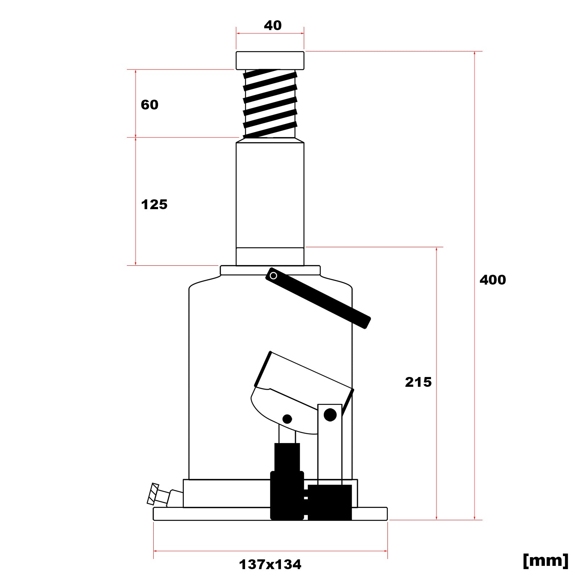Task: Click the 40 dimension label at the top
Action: click(273, 25)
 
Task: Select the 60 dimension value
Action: click(149, 105)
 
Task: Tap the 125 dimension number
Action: click(154, 205)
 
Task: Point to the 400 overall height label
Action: click(492, 280)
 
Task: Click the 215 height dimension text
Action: click(418, 382)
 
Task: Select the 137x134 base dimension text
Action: click(270, 564)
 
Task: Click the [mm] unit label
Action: click(545, 560)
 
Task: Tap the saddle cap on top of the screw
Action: click(270, 61)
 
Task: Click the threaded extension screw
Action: click(270, 103)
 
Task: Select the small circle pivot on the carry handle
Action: click(274, 276)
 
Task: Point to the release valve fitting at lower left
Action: click(159, 495)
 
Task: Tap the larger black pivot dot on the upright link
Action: click(330, 415)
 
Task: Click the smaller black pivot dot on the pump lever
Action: click(287, 419)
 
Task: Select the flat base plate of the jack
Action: click(217, 514)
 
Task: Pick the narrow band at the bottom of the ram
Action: click(270, 257)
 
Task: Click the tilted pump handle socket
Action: click(301, 381)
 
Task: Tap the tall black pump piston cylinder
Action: click(287, 482)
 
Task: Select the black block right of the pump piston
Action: click(330, 502)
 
